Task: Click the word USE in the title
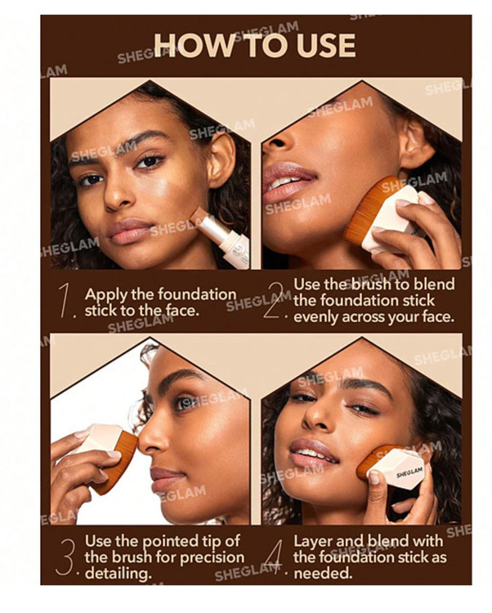(326, 45)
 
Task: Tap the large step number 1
(65, 300)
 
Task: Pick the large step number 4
(275, 557)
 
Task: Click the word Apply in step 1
(105, 295)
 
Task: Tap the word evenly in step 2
(315, 317)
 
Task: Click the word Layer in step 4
(313, 541)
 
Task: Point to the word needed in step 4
(322, 573)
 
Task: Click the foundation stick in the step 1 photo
(224, 235)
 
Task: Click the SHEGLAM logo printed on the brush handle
(409, 472)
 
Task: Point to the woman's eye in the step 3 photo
(183, 402)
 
